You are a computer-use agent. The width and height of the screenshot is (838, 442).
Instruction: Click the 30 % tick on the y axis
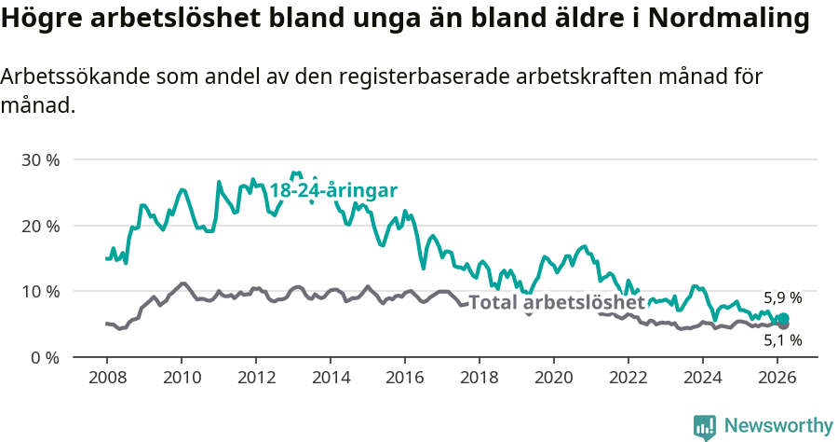(40, 159)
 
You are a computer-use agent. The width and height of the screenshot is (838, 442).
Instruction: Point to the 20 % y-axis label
(40, 226)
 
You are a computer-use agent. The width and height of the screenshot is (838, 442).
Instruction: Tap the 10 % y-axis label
(40, 291)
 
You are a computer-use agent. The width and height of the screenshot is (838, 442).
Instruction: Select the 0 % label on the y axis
(45, 357)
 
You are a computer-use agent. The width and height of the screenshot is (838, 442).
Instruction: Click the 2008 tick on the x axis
(107, 378)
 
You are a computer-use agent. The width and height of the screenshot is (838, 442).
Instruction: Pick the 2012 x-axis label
(256, 378)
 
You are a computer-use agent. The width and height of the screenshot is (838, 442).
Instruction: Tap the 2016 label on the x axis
(405, 378)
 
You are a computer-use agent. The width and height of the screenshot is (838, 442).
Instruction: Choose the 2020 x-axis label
(554, 378)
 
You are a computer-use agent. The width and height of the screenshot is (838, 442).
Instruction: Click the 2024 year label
(703, 378)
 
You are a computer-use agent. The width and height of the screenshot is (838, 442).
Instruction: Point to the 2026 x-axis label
(777, 378)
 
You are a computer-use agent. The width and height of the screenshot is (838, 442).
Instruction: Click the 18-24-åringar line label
(333, 190)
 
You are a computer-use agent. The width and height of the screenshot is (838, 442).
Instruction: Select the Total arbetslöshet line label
(556, 303)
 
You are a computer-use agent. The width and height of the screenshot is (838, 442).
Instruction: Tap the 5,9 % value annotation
(782, 298)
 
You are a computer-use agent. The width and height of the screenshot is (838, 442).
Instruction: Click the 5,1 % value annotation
(782, 341)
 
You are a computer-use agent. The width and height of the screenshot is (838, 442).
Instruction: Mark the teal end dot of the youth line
(783, 319)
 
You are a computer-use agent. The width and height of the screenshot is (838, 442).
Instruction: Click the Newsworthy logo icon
(705, 426)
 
